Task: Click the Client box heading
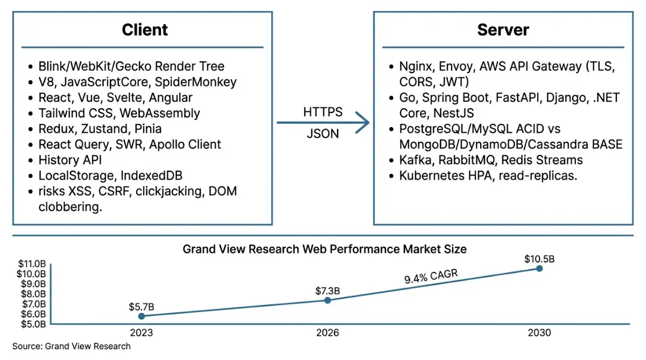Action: (145, 30)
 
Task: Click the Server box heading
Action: (503, 30)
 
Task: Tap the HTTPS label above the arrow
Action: (322, 112)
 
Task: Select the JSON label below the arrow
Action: (322, 134)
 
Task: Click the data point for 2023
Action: (141, 316)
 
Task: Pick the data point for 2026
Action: (327, 300)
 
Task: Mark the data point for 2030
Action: (539, 269)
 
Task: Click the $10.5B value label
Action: (539, 259)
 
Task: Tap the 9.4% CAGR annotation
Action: (431, 276)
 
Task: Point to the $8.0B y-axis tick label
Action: (33, 294)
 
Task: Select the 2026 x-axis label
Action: (327, 333)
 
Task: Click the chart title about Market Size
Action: (325, 249)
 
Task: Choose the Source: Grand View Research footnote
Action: (71, 346)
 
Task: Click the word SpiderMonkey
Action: (195, 82)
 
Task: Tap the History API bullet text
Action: (70, 160)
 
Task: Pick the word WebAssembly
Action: (159, 114)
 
